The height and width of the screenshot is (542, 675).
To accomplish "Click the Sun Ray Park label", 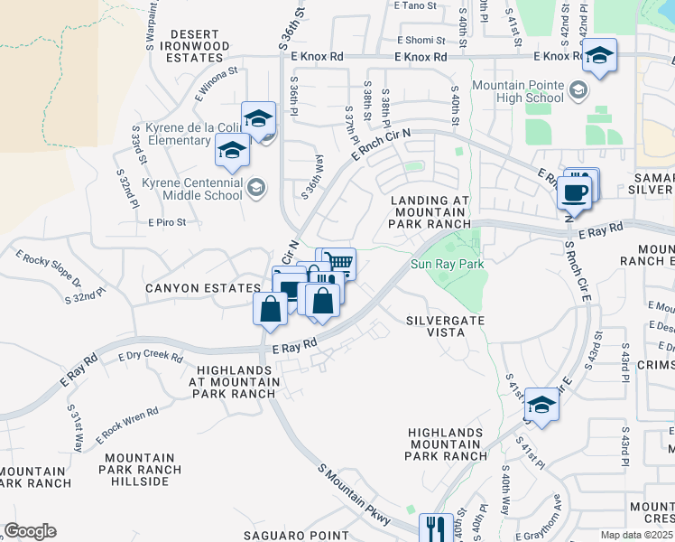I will pyautogui.click(x=448, y=265).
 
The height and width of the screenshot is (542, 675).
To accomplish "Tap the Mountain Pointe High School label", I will pyautogui.click(x=518, y=91).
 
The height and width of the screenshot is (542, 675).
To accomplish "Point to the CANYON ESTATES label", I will pyautogui.click(x=203, y=288).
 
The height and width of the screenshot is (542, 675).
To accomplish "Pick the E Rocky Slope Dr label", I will pyautogui.click(x=49, y=262).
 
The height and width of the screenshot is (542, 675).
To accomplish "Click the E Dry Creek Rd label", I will pyautogui.click(x=151, y=356).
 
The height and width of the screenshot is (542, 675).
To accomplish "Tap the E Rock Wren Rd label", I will pyautogui.click(x=127, y=425).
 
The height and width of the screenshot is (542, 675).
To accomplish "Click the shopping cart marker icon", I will pyautogui.click(x=339, y=263).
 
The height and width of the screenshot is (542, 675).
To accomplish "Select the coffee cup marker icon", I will pyautogui.click(x=574, y=192).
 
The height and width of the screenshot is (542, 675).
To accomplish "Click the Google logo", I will pyautogui.click(x=30, y=531).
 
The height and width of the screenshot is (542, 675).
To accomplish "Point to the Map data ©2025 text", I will pyautogui.click(x=636, y=535).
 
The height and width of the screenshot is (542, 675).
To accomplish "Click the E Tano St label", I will pyautogui.click(x=415, y=5).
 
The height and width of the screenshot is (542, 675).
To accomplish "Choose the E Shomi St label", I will pyautogui.click(x=421, y=40).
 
